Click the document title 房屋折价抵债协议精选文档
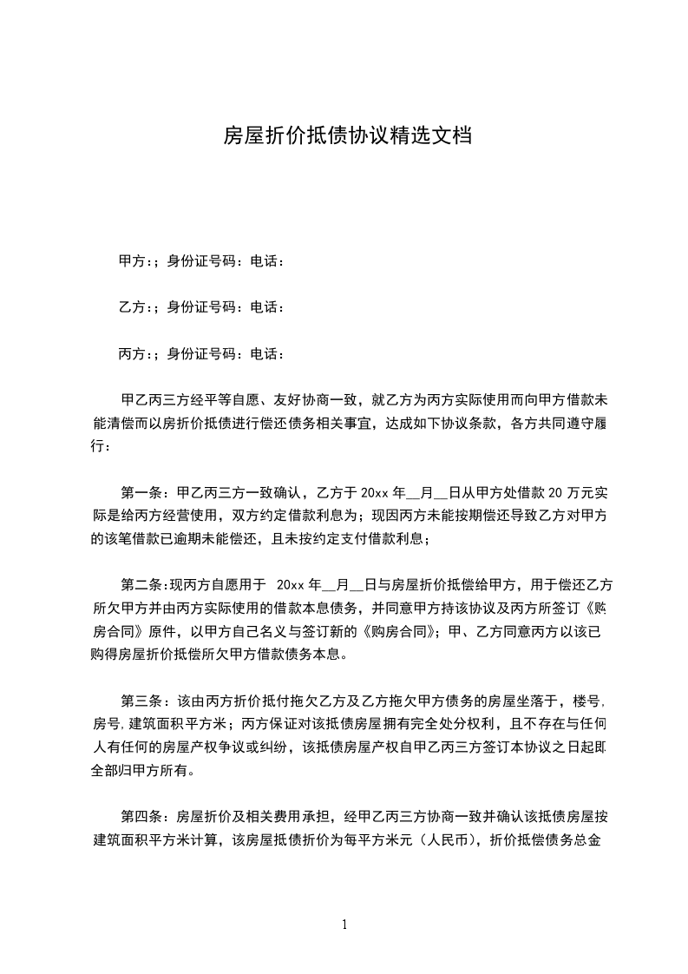point(347,136)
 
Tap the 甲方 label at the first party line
point(131,260)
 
